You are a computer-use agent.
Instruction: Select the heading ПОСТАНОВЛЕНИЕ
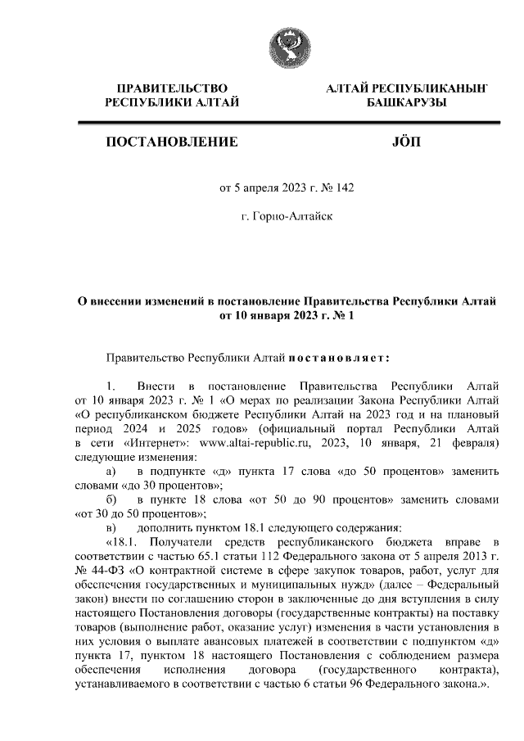click(171, 142)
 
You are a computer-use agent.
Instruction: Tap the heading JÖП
click(406, 142)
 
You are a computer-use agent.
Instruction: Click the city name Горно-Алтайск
click(287, 217)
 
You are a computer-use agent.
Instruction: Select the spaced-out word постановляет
click(338, 357)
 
